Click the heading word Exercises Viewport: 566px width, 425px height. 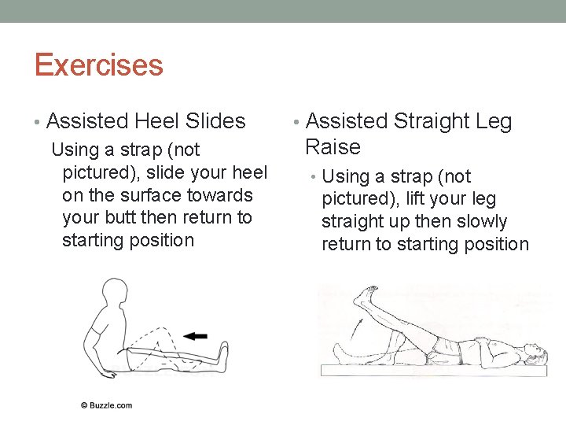(98, 65)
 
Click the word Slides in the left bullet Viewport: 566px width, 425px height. (215, 121)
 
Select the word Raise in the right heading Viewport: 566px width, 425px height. (333, 147)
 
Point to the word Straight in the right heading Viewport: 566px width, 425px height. (431, 121)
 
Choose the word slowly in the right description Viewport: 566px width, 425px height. (484, 222)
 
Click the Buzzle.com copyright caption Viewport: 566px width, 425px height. (106, 405)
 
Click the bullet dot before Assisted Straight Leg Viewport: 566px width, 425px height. (295, 122)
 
